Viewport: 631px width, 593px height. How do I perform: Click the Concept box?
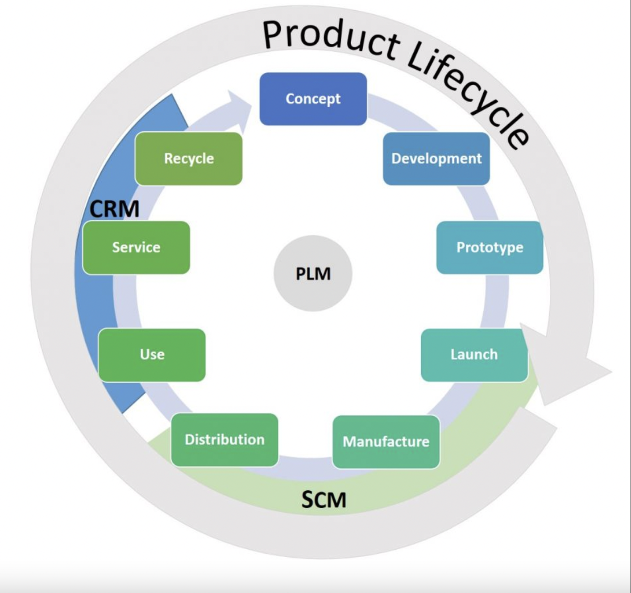[313, 99]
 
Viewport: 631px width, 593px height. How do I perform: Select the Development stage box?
[436, 159]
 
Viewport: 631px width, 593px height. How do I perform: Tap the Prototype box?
[490, 247]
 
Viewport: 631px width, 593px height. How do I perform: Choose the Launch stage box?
[474, 355]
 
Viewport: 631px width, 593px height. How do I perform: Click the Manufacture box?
[386, 442]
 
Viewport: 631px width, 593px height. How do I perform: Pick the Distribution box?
[224, 440]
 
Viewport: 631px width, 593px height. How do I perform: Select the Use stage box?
[152, 355]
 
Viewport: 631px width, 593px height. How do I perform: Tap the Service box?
[136, 247]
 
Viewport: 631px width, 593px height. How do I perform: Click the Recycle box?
[189, 159]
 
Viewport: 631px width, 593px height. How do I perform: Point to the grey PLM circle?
[313, 273]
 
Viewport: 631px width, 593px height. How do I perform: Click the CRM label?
[114, 209]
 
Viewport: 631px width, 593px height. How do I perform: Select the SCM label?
[324, 500]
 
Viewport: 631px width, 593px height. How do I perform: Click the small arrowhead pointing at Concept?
[240, 111]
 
